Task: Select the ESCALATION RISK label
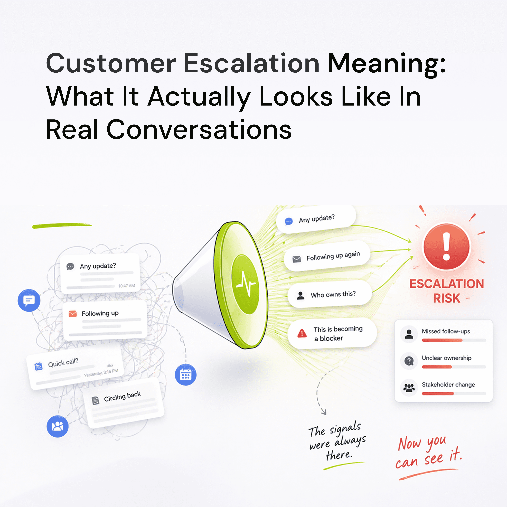[x=447, y=291]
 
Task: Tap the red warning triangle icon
[x=302, y=333]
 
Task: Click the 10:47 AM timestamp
[x=127, y=286]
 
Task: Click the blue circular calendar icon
[x=186, y=375]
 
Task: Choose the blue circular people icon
[x=58, y=426]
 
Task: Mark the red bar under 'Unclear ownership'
[x=437, y=367]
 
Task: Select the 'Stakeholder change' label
[x=448, y=385]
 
